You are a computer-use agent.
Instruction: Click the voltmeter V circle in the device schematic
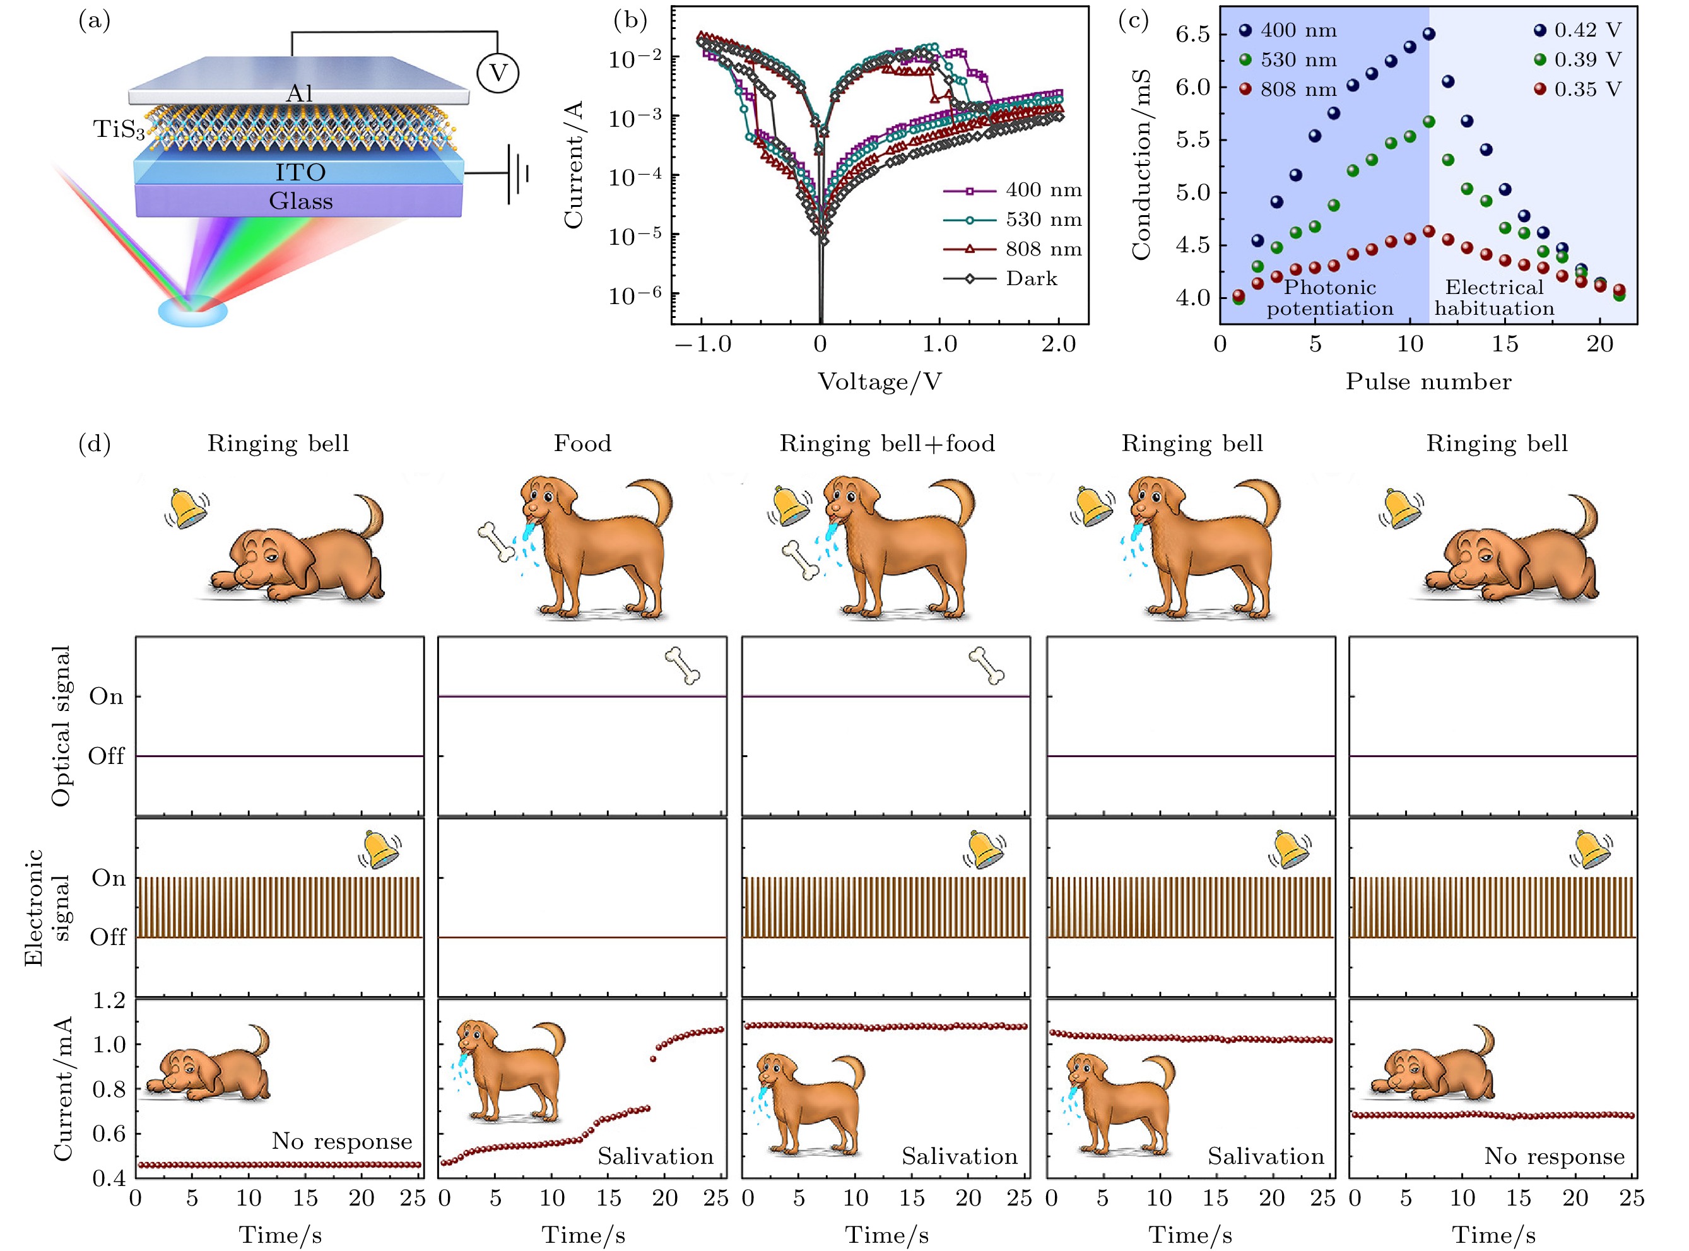(497, 73)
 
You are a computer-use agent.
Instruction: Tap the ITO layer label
(301, 173)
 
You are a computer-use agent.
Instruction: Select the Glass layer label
(301, 201)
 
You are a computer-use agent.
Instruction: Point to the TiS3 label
(118, 129)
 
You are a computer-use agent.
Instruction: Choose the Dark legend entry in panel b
(1031, 279)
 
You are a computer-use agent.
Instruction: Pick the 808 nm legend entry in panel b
(1043, 249)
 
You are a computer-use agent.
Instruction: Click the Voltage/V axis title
(880, 382)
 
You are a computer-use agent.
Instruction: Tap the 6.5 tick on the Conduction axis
(1192, 35)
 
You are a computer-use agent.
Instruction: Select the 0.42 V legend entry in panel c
(1587, 30)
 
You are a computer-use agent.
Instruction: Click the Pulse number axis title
(1428, 382)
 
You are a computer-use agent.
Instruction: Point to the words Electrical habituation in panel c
(1493, 298)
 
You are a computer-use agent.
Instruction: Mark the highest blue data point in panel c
(1428, 33)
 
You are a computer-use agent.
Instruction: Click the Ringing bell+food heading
(887, 443)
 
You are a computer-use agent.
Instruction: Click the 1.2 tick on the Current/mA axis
(109, 1001)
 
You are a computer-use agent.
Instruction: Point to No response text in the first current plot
(341, 1141)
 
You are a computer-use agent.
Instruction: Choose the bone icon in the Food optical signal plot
(683, 666)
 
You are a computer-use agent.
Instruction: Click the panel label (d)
(95, 443)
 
